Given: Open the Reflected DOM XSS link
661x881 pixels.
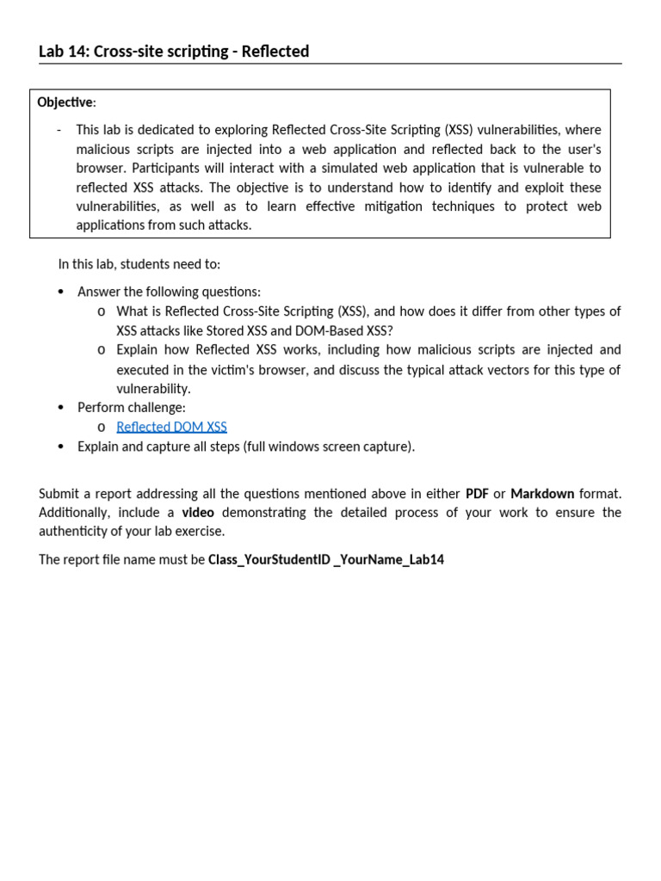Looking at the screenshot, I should pos(171,427).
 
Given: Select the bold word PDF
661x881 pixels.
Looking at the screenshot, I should pos(477,494).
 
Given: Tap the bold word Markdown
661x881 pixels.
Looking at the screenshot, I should pos(542,494).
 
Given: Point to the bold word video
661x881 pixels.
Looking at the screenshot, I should pos(198,513).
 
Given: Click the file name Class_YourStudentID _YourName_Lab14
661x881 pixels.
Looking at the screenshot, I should pos(326,560).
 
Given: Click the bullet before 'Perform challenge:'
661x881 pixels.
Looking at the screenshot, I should pos(60,408).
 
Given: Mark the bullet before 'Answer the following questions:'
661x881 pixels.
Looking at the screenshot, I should pos(60,293).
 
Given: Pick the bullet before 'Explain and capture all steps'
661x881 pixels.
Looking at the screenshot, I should pos(60,447).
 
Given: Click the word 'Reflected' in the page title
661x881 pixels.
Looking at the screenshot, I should pos(275,52).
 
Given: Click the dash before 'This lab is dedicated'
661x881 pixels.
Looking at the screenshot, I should pos(59,130).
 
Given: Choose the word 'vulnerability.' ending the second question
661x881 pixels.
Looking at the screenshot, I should pos(153,389).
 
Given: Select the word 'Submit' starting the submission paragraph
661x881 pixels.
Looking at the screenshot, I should pos(59,494).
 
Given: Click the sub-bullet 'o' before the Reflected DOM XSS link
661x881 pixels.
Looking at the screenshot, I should pos(102,428).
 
